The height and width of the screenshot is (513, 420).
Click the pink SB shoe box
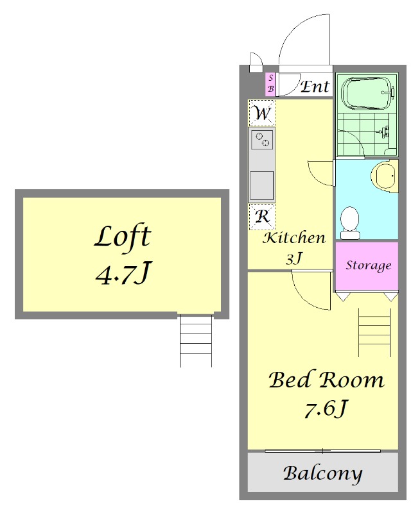270,84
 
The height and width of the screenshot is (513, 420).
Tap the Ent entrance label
315,87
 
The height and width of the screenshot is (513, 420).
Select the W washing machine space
262,114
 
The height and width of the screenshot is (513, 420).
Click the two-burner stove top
262,140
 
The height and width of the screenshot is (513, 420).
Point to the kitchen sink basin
262,185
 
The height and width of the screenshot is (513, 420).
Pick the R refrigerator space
262,217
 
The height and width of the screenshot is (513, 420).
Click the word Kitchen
294,238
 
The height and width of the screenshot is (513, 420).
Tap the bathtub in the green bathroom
367,93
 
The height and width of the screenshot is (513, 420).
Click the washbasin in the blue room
384,176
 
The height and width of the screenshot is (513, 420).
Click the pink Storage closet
367,265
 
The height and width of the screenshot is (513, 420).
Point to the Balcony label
322,474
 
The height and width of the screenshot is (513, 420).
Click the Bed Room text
326,380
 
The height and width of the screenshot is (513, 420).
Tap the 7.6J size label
325,409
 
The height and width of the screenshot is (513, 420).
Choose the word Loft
123,237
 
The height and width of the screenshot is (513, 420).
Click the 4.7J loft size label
123,273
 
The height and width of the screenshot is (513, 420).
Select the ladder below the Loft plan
196,341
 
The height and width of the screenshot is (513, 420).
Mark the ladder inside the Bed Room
374,332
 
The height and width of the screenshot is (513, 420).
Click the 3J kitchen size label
293,258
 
